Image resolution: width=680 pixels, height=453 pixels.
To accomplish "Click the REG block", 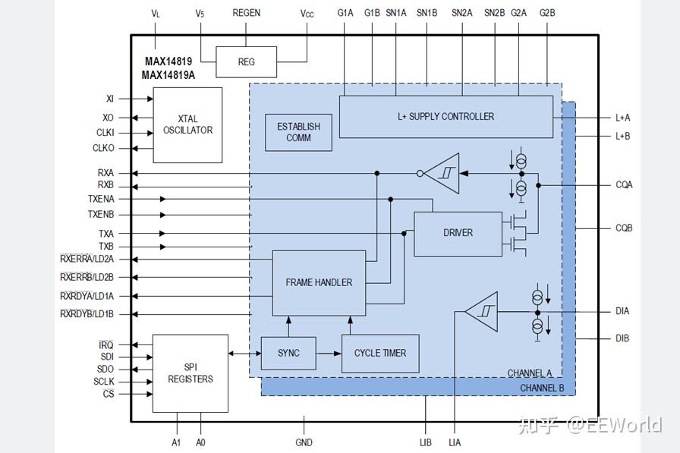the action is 247,62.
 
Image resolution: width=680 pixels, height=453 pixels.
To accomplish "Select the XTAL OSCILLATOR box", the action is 187,125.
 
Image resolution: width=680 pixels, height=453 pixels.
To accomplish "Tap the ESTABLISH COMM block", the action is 298,132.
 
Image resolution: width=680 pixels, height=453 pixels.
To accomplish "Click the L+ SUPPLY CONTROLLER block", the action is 445,117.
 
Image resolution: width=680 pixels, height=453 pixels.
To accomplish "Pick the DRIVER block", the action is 458,234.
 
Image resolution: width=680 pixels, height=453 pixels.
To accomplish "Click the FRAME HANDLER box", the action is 319,283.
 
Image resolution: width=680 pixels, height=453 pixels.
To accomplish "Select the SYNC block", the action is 288,354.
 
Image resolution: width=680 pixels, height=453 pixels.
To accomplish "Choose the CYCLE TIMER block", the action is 380,354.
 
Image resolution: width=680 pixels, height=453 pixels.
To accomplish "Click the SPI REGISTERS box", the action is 190,373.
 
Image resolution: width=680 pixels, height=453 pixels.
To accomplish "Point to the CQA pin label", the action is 624,185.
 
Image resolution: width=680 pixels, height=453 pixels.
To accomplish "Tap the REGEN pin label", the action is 247,13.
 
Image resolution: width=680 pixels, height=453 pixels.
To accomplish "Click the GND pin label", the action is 304,442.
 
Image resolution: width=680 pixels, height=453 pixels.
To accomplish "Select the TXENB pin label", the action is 101,215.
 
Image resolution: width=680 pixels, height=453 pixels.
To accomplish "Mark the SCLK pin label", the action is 104,382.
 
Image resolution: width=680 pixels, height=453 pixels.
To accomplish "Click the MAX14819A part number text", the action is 168,75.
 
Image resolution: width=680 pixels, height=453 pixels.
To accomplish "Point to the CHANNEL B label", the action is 542,388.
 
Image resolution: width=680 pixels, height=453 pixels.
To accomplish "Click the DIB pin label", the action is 622,338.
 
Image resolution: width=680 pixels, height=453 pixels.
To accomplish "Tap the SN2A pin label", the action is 462,13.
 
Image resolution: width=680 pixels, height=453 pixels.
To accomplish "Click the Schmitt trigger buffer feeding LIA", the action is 481,311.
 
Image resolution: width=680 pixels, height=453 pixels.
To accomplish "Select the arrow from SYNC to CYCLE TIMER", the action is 329,354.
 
